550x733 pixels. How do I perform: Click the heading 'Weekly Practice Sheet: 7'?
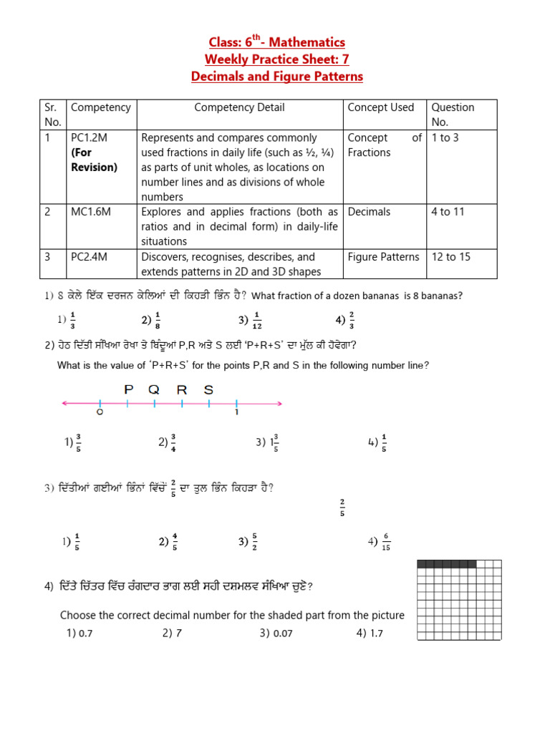pyautogui.click(x=276, y=59)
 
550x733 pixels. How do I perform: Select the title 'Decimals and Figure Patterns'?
pyautogui.click(x=276, y=77)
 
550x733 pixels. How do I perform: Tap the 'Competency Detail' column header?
pyautogui.click(x=239, y=107)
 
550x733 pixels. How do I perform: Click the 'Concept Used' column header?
pyautogui.click(x=380, y=107)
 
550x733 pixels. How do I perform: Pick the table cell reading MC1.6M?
pyautogui.click(x=89, y=212)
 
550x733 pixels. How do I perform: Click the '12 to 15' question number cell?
pyautogui.click(x=450, y=256)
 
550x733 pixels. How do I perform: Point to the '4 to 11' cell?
pyautogui.click(x=448, y=212)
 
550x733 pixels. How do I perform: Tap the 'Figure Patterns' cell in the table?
pyautogui.click(x=383, y=256)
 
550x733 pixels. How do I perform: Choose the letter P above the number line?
pyautogui.click(x=129, y=389)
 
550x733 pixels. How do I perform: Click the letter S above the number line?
pyautogui.click(x=208, y=389)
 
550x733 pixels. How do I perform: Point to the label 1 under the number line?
pyautogui.click(x=236, y=413)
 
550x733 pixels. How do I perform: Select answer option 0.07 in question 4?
pyautogui.click(x=280, y=633)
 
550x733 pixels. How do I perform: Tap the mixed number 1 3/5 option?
pyautogui.click(x=271, y=442)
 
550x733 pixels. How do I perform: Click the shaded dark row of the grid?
pyautogui.click(x=446, y=564)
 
